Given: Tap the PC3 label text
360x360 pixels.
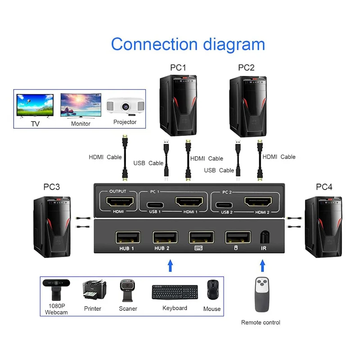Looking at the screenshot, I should coord(52,187).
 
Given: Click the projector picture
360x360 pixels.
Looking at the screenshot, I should coord(125,106).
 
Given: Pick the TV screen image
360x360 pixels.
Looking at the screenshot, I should coord(35,106).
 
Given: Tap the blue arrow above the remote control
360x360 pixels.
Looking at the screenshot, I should coord(261,265).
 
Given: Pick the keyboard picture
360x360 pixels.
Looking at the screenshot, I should coord(175,292).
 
